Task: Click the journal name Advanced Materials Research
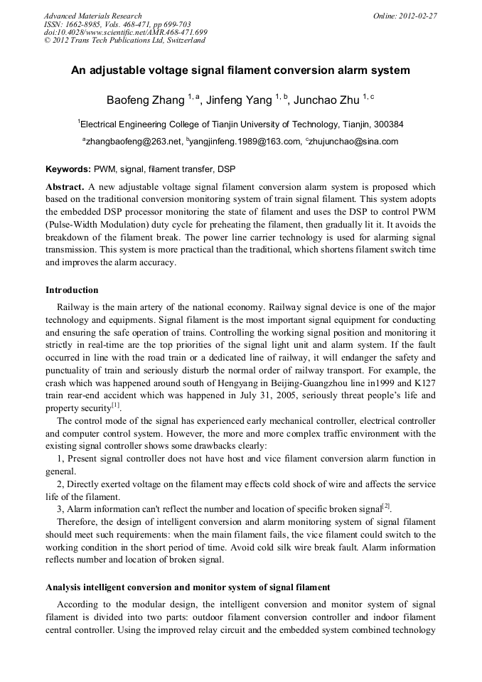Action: (92, 16)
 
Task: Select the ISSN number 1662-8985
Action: (89, 24)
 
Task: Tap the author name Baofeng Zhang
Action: (146, 100)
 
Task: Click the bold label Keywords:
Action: (68, 169)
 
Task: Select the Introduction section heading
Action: (72, 290)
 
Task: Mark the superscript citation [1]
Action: (115, 405)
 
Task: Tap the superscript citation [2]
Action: (386, 506)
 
